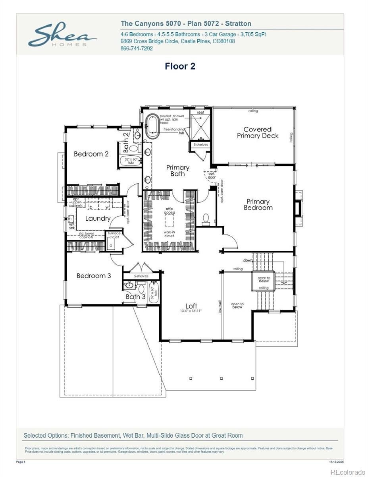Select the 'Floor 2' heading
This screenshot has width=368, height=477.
(x=180, y=66)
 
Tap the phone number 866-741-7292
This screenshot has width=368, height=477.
(x=136, y=48)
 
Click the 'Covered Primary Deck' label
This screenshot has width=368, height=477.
(x=258, y=132)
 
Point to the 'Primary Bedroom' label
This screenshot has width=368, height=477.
(x=258, y=204)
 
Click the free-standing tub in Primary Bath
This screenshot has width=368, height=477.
(x=152, y=126)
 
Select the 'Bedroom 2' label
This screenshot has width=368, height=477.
(x=91, y=154)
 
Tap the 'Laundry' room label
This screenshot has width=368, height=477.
(x=98, y=218)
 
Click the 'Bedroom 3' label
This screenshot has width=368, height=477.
(x=94, y=275)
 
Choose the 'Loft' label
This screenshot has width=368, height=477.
(x=191, y=306)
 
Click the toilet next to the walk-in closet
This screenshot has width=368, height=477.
(x=206, y=218)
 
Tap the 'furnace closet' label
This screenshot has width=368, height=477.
(x=114, y=235)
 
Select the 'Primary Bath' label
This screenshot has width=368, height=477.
(x=177, y=171)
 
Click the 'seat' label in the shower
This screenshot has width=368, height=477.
(x=200, y=112)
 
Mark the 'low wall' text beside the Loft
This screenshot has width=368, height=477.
(x=220, y=306)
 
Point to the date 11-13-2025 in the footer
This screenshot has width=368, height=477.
(x=337, y=462)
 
